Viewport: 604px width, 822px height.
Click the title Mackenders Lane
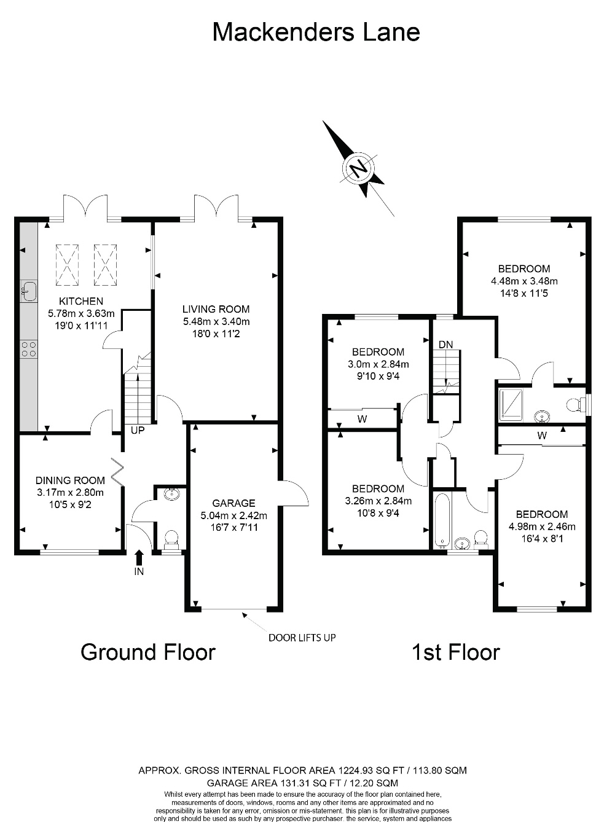click(316, 32)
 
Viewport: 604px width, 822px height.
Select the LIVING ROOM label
click(216, 309)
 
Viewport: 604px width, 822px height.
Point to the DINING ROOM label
click(70, 480)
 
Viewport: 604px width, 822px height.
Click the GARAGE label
click(233, 503)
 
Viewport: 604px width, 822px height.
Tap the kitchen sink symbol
click(29, 291)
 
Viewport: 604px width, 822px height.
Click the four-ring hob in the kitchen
click(29, 350)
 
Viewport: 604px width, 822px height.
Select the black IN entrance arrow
click(139, 557)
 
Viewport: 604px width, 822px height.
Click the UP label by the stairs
click(137, 431)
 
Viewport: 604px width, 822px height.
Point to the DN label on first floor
click(445, 345)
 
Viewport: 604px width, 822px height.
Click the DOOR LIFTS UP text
click(302, 638)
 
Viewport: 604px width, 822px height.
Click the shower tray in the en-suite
click(511, 404)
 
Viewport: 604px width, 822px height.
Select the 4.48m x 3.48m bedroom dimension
click(524, 281)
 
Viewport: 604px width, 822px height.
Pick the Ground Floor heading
click(148, 652)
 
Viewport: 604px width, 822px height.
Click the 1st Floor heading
click(455, 652)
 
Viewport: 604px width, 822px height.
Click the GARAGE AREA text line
click(302, 783)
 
